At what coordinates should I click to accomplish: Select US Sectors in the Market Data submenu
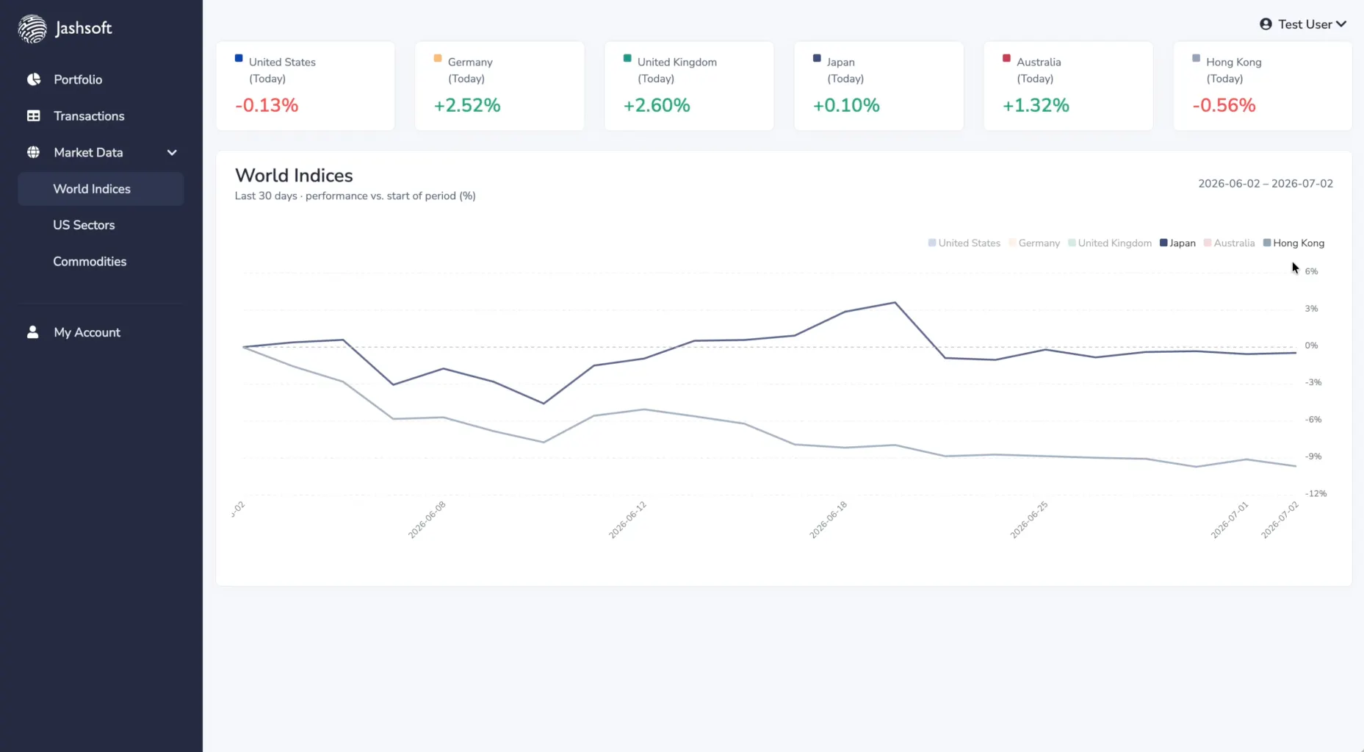pyautogui.click(x=84, y=225)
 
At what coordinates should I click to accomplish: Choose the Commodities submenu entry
pyautogui.click(x=90, y=262)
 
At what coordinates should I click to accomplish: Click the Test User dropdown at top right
pyautogui.click(x=1303, y=24)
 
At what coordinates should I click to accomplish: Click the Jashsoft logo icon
pyautogui.click(x=32, y=29)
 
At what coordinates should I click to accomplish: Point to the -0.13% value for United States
pyautogui.click(x=267, y=105)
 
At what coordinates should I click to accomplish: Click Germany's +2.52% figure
pyautogui.click(x=467, y=105)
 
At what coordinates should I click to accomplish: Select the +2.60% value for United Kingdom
pyautogui.click(x=657, y=105)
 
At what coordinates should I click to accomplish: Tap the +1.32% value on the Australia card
pyautogui.click(x=1036, y=105)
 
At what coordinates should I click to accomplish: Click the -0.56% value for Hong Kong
pyautogui.click(x=1224, y=105)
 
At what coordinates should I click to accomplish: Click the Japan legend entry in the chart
pyautogui.click(x=1177, y=243)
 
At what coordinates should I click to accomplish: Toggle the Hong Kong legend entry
pyautogui.click(x=1293, y=243)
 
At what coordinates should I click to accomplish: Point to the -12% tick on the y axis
pyautogui.click(x=1316, y=493)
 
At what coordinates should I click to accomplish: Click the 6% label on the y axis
pyautogui.click(x=1311, y=271)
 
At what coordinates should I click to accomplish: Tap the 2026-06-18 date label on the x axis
pyautogui.click(x=829, y=520)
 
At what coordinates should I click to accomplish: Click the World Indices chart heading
pyautogui.click(x=294, y=176)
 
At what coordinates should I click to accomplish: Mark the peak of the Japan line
pyautogui.click(x=895, y=302)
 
